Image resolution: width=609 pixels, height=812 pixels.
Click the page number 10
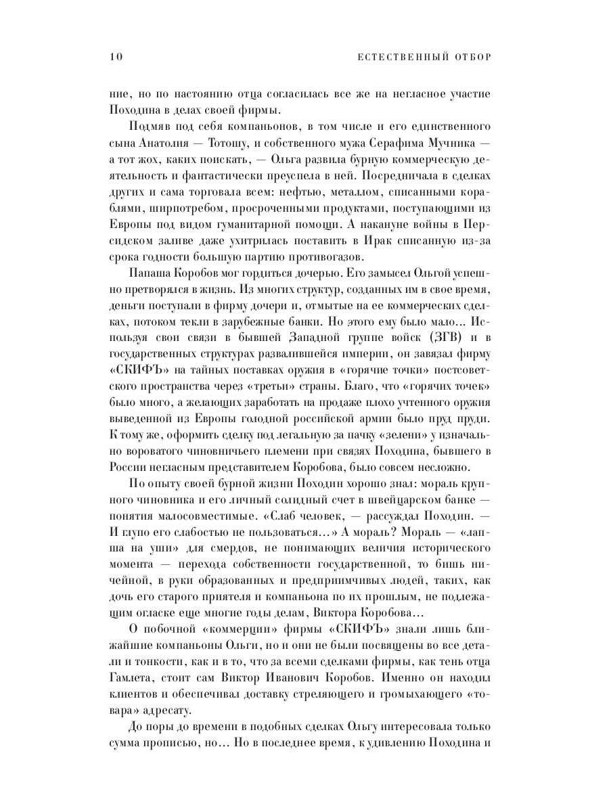tap(114, 56)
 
